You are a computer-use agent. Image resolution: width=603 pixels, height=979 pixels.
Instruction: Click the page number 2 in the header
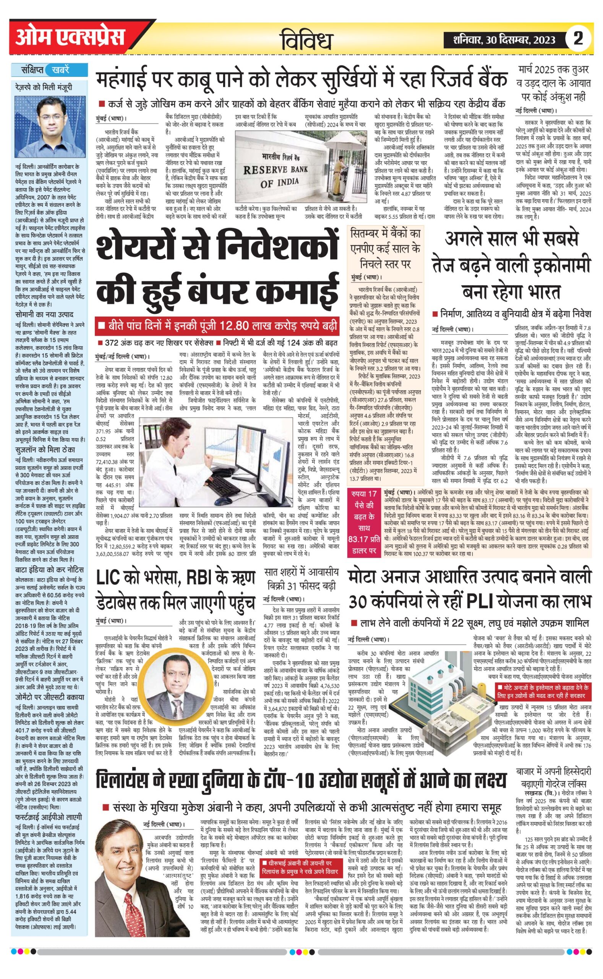click(x=578, y=39)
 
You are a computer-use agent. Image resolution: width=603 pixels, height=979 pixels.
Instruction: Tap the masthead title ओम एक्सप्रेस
click(x=70, y=38)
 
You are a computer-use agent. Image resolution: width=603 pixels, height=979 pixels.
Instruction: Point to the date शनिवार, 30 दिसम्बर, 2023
click(x=504, y=39)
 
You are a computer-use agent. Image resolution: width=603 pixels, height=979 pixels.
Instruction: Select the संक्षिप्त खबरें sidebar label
click(x=47, y=70)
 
